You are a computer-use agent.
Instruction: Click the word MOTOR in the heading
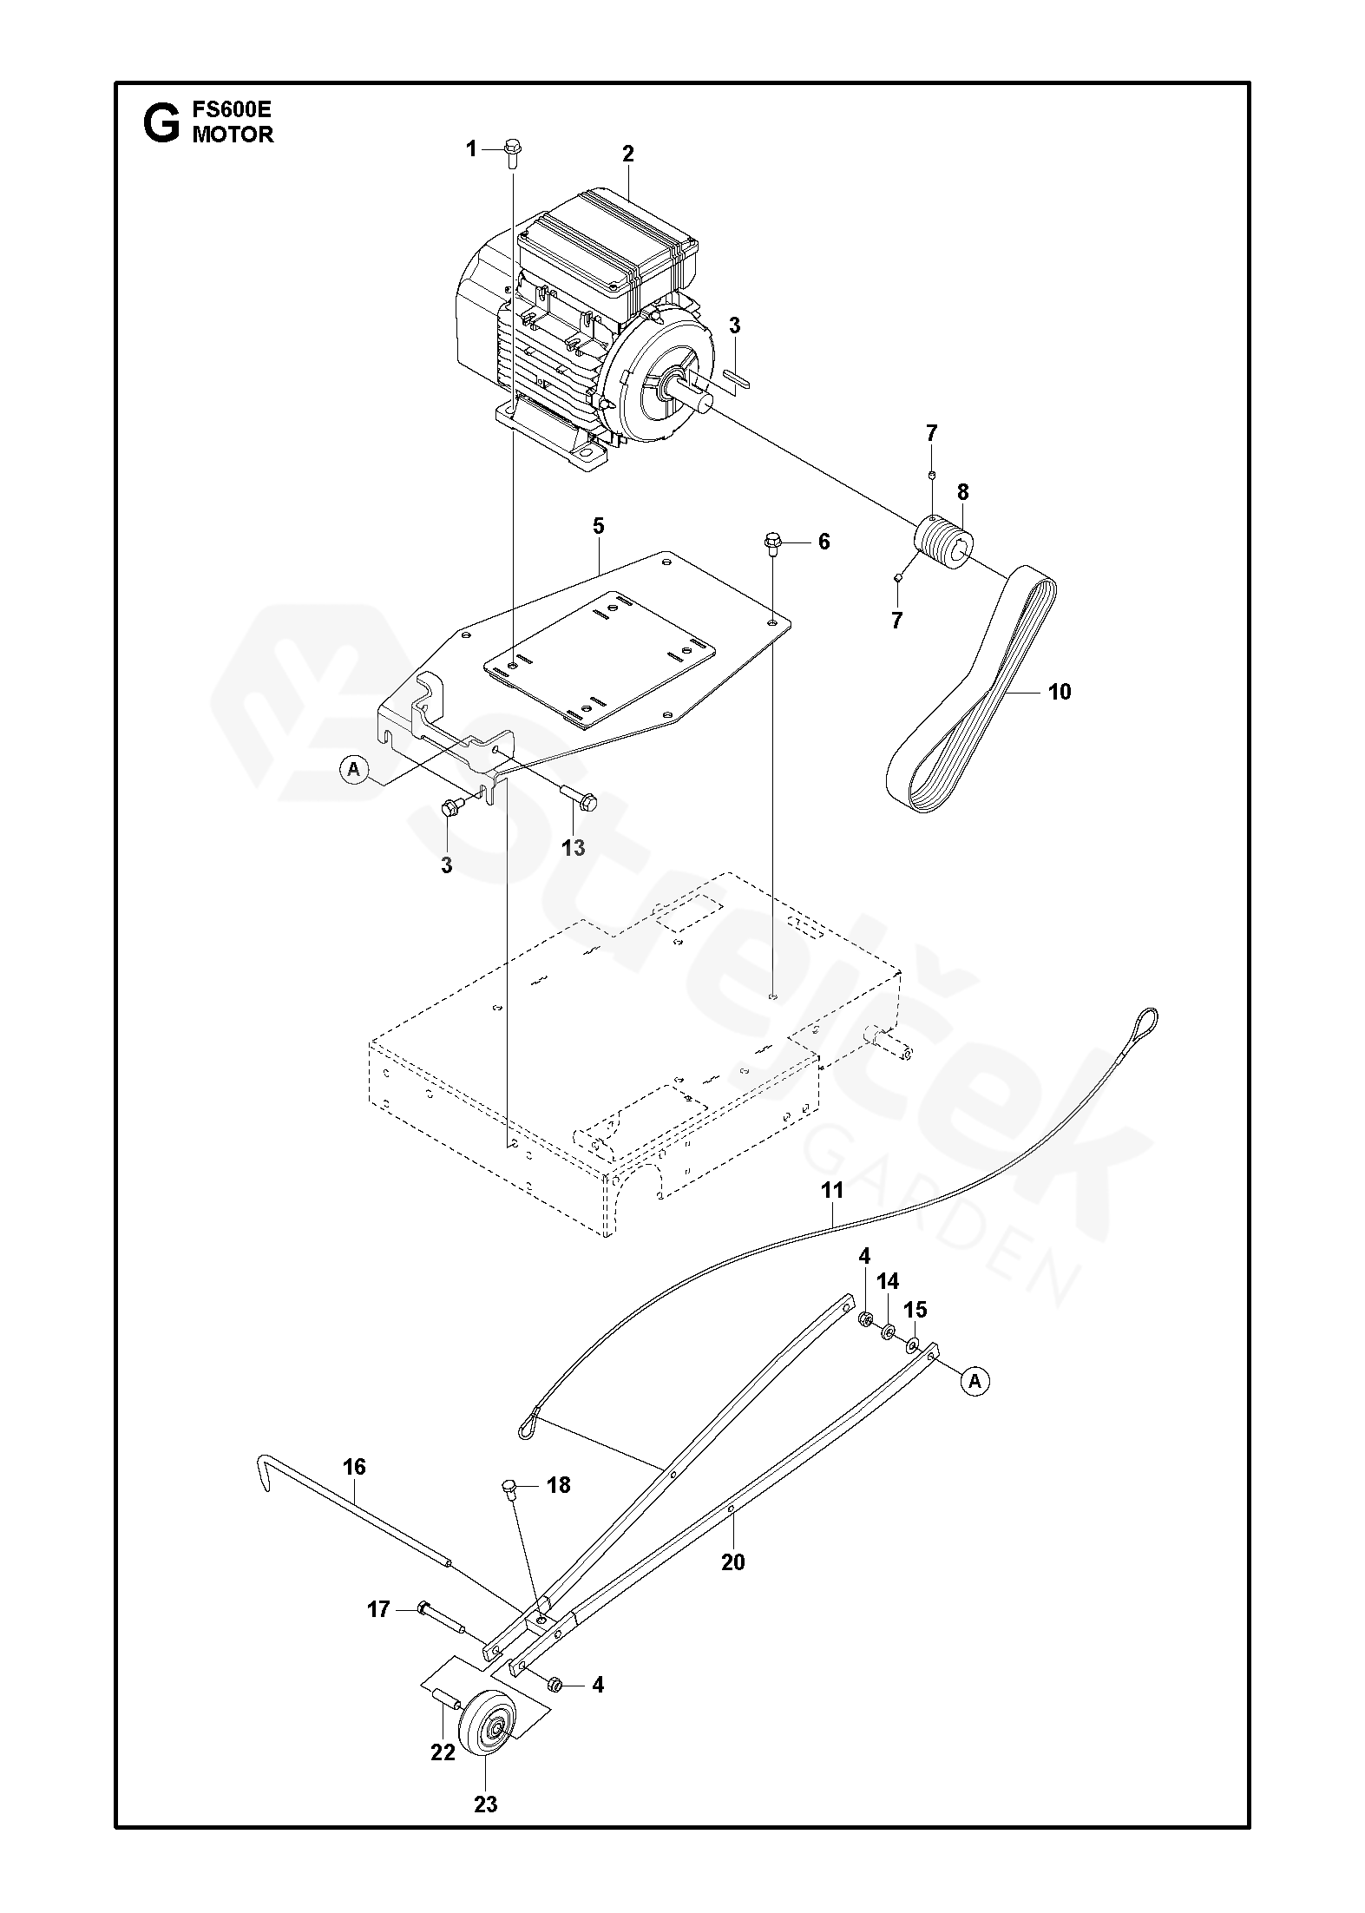coord(233,135)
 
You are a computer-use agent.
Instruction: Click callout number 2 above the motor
coord(627,154)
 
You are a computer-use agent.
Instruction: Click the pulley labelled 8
coord(947,542)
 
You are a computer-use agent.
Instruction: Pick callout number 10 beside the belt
coord(1060,691)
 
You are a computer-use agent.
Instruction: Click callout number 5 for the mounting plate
coord(598,526)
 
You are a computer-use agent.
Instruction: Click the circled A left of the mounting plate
coord(353,768)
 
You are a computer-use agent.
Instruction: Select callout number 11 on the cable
coord(831,1190)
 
